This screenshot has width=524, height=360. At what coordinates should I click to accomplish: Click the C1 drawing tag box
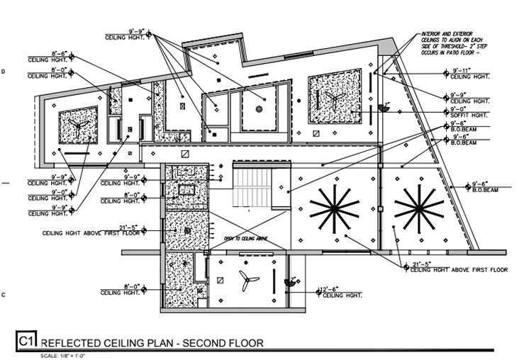click(26, 342)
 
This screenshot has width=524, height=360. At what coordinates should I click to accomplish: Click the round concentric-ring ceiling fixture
click(260, 108)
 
